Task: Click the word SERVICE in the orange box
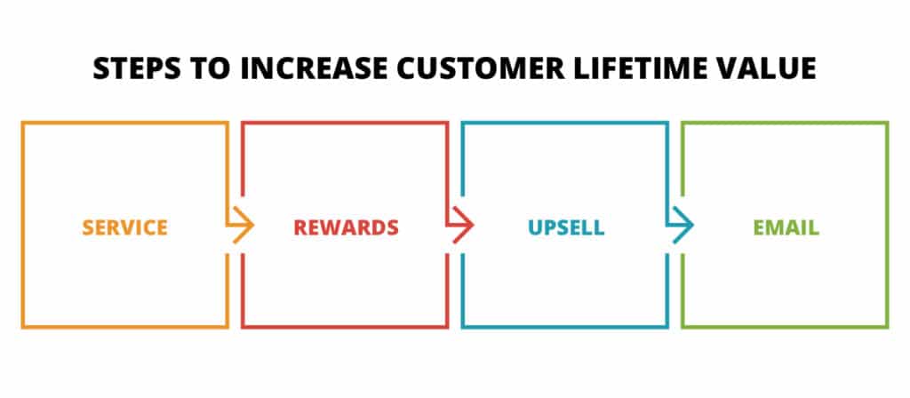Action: pos(124,227)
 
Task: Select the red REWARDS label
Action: pos(346,227)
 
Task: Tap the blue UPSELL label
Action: pos(565,227)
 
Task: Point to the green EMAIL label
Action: pos(786,227)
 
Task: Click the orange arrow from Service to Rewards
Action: pos(241,227)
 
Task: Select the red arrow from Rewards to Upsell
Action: pos(460,227)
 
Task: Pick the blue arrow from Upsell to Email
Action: pos(681,227)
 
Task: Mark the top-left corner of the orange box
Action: pos(23,123)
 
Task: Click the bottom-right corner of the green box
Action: pos(887,327)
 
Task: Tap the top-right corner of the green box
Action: pos(887,123)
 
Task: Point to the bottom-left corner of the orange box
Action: pos(23,327)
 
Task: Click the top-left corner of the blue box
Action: pos(463,123)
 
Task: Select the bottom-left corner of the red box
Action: pos(243,327)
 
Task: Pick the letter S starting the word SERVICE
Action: pos(88,227)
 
